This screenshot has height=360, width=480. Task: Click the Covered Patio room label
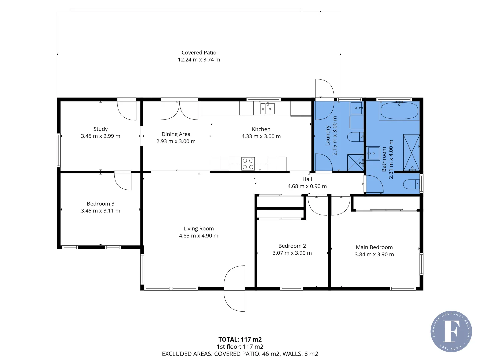point(199,53)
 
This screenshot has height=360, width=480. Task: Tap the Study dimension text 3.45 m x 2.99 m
point(101,136)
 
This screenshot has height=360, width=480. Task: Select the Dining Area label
point(176,134)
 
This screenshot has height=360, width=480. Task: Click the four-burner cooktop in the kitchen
point(248,164)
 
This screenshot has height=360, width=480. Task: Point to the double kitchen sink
point(267,108)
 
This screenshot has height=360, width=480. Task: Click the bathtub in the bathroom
point(399,111)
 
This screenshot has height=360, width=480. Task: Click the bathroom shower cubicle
point(411,153)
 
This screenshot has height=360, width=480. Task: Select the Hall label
point(307,179)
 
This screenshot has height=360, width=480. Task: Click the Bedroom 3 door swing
point(123,181)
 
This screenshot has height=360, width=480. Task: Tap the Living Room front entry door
point(234,289)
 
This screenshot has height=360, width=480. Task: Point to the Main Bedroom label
point(374,247)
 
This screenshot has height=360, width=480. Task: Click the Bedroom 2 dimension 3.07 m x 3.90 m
point(292,253)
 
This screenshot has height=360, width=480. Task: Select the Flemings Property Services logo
point(451,331)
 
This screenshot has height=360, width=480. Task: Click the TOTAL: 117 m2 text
point(240,339)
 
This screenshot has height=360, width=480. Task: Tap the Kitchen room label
point(261,129)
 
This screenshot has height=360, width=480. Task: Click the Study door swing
point(127,110)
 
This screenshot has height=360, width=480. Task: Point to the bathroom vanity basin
point(373,153)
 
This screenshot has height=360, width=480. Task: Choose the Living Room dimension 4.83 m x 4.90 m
point(199,236)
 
